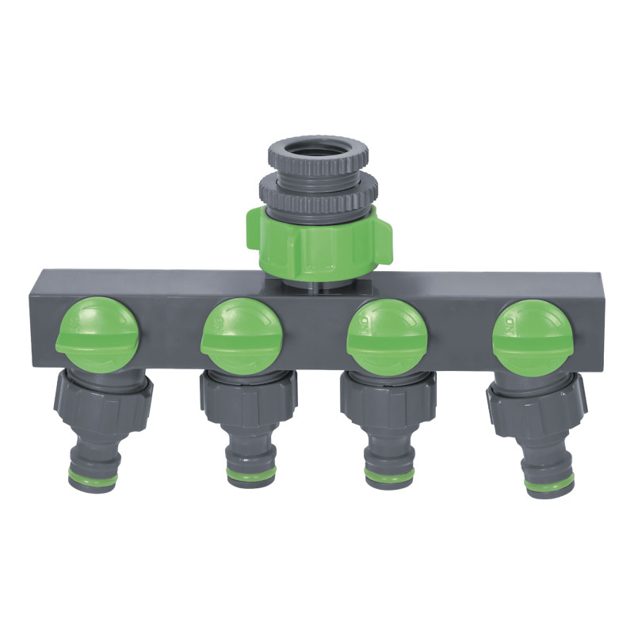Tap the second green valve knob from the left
point(241,332)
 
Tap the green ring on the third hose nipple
point(389,475)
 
